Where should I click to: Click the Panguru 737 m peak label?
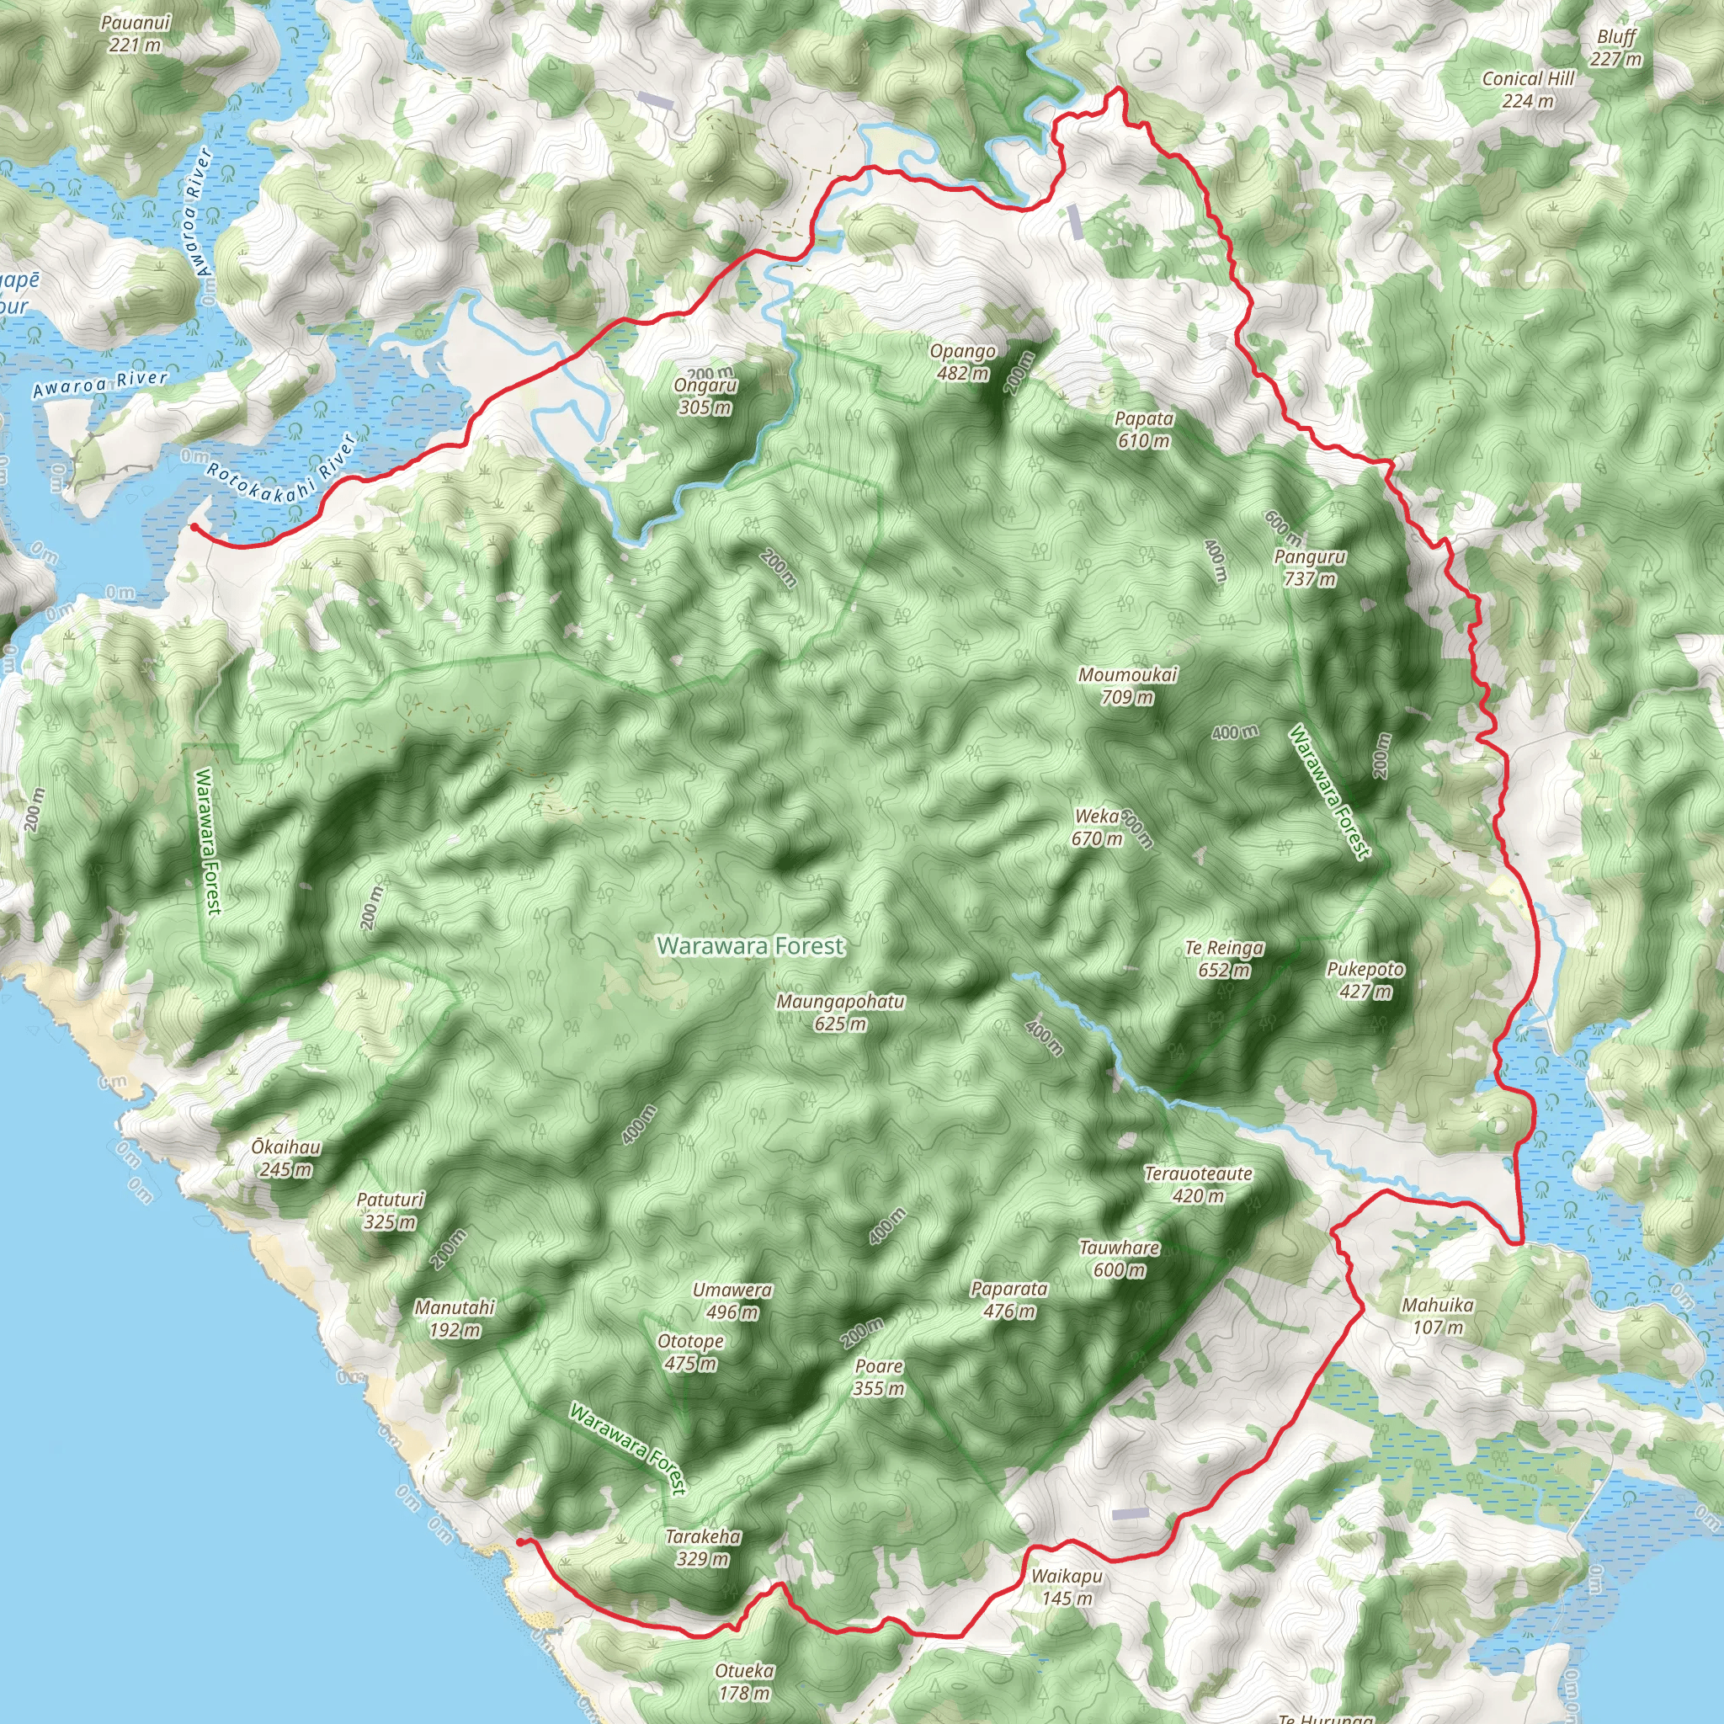(x=1309, y=567)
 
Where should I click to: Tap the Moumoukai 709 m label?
(x=1127, y=685)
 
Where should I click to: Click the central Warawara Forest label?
(x=749, y=946)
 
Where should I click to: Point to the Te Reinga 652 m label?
(x=1223, y=958)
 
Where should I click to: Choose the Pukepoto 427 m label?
(x=1365, y=980)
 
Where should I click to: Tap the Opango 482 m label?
(x=962, y=361)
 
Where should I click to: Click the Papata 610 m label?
(x=1143, y=429)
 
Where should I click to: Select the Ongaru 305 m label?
(x=705, y=396)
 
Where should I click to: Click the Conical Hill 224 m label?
(x=1528, y=89)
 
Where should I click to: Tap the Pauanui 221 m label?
(x=136, y=33)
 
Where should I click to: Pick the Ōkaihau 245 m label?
(x=285, y=1157)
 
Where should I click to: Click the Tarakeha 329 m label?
(x=702, y=1547)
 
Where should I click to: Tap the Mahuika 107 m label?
(x=1438, y=1316)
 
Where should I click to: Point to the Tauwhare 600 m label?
(x=1119, y=1258)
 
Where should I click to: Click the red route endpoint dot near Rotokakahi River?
(x=194, y=527)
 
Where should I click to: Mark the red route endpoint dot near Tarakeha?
(x=520, y=1541)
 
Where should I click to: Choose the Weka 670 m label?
(x=1097, y=827)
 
